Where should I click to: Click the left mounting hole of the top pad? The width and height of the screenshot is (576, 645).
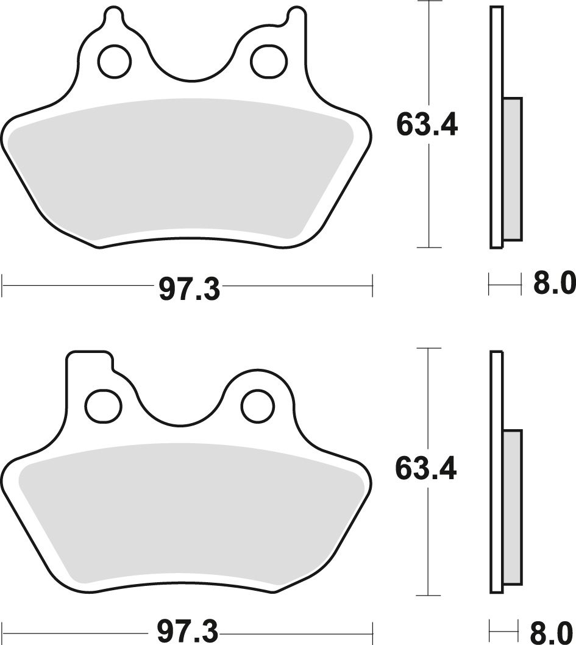(115, 61)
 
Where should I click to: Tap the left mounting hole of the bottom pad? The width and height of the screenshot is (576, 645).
(103, 405)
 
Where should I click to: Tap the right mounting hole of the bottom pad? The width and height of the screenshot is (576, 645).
(258, 405)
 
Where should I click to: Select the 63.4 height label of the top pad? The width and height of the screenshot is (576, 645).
(426, 126)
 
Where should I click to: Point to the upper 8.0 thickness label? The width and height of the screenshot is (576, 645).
(554, 284)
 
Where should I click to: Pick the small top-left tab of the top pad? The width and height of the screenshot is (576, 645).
(113, 16)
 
